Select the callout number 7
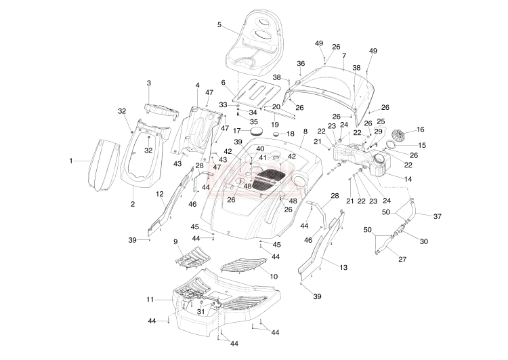(344, 55)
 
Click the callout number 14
(407, 178)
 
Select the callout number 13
(343, 267)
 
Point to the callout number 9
(175, 241)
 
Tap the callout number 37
(437, 216)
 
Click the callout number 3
(149, 83)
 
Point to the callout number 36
(301, 63)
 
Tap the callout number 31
(200, 311)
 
